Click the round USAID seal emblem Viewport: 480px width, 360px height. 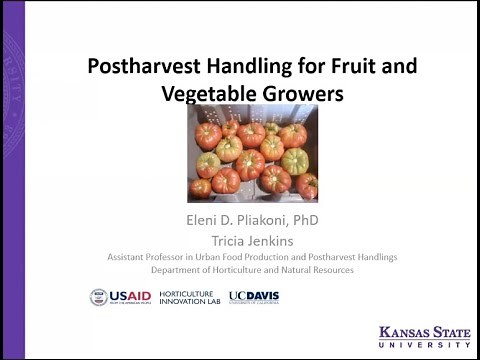coord(99,297)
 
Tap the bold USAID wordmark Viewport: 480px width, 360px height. coord(127,296)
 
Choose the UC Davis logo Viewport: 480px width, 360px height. coord(254,297)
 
